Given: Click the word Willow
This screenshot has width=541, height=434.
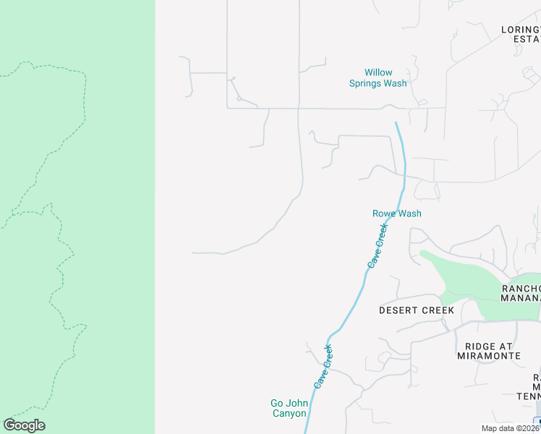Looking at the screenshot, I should point(378,73).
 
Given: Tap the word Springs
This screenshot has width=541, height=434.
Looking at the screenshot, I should point(369,84).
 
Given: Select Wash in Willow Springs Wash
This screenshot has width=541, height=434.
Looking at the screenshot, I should point(396,84).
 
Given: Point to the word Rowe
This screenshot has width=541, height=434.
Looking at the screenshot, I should point(383,213).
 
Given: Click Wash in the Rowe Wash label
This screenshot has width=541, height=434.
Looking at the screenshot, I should point(409,213).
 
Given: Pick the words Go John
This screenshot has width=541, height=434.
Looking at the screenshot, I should point(289,403).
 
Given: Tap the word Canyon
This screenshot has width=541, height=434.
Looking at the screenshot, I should point(289,414).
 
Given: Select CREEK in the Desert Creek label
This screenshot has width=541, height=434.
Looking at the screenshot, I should point(439,310).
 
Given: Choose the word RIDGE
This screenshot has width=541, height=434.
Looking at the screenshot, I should point(480,346).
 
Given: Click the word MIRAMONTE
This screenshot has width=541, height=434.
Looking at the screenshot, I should point(489,356).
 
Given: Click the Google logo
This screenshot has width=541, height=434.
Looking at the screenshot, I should point(24,425).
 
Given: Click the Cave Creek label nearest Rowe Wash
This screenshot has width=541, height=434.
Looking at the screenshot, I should point(378,246).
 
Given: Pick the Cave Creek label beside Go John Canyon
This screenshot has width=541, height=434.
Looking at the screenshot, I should point(323,366).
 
